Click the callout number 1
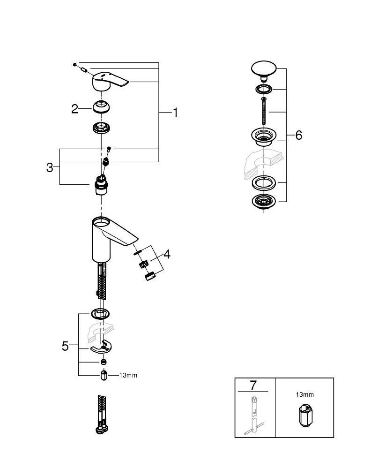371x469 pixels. pos(176,113)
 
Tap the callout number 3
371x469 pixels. pos(50,167)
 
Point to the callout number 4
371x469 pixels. pos(167,255)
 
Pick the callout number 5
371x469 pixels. pos(66,346)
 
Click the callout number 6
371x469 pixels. pos(298,136)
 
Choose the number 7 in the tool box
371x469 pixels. pos(253,386)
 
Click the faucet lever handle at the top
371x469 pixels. pos(109,81)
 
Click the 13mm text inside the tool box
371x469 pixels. pos(304,395)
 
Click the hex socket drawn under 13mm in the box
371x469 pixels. pos(304,414)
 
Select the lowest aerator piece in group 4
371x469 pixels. pos(150,276)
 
